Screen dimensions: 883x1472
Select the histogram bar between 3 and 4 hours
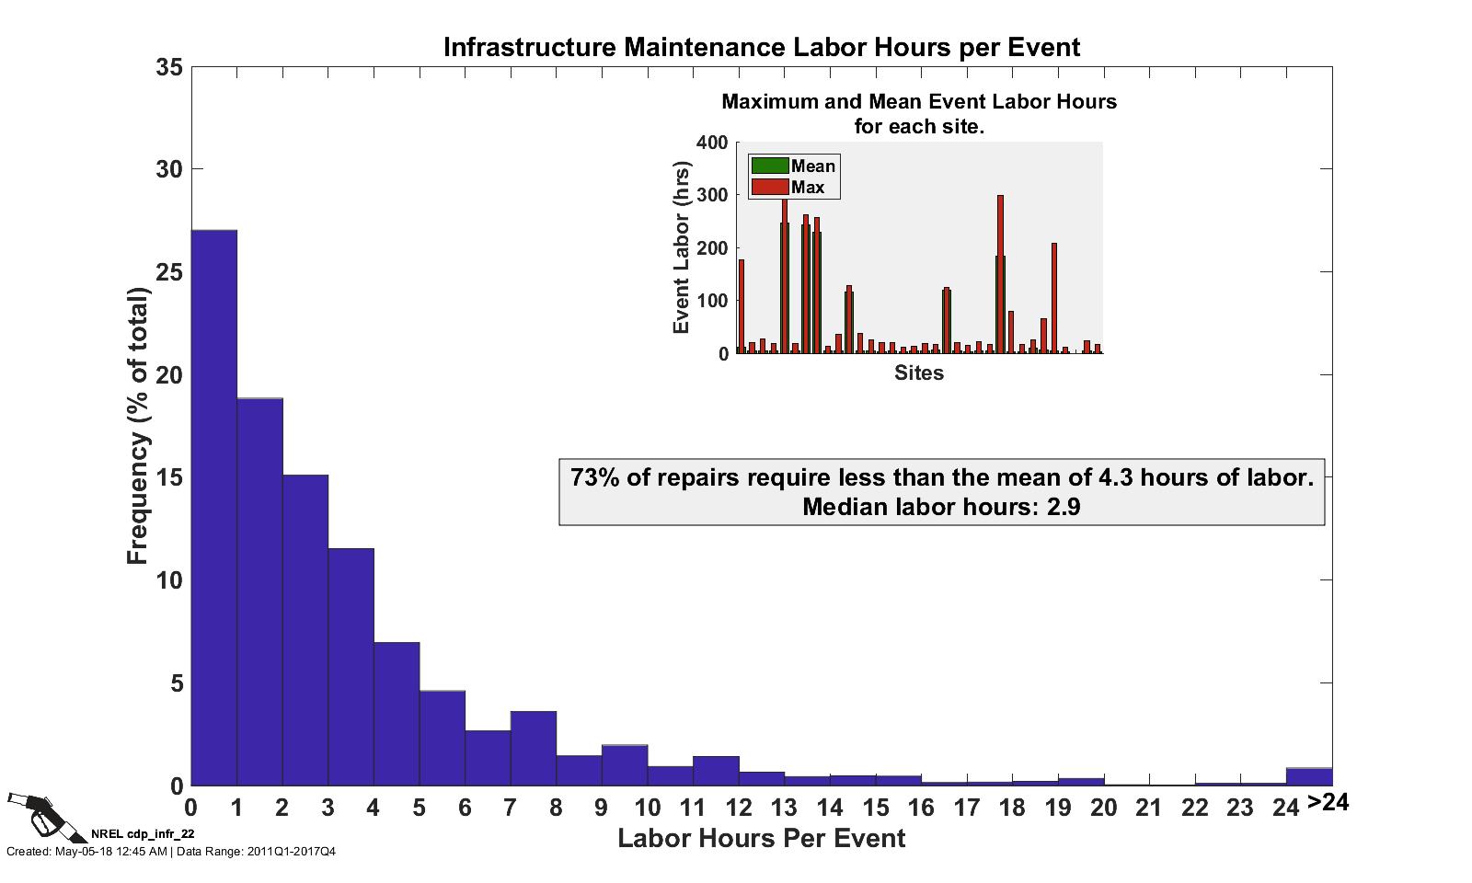click(x=351, y=667)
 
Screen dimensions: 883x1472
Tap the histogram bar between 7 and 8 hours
click(x=533, y=749)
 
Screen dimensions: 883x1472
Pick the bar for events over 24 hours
click(x=1308, y=777)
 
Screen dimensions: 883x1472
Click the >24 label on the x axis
click(x=1328, y=803)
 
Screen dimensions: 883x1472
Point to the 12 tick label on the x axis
click(x=738, y=808)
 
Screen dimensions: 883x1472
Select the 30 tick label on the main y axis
click(x=169, y=169)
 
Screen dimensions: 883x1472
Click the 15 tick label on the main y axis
click(x=169, y=478)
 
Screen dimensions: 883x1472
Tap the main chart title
click(x=762, y=47)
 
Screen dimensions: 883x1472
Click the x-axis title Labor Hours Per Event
click(x=762, y=839)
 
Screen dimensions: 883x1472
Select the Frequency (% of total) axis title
click(x=137, y=426)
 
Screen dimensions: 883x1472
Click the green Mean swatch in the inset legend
click(x=770, y=166)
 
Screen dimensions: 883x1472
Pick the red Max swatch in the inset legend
click(x=770, y=188)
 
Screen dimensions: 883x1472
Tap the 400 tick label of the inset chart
click(x=712, y=143)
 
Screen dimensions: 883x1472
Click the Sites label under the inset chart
click(x=919, y=373)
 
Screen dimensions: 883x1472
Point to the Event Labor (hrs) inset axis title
click(x=682, y=248)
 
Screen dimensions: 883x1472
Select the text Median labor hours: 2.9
click(x=941, y=507)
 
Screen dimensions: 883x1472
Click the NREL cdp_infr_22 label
click(x=143, y=833)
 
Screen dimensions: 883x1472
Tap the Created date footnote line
click(x=171, y=852)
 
